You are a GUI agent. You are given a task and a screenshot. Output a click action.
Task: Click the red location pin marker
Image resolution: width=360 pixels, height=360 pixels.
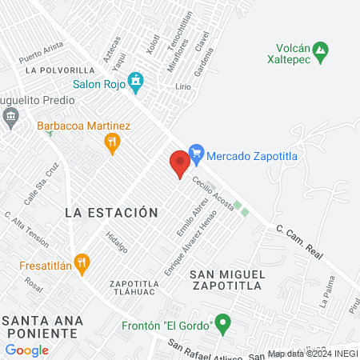coord(180,163)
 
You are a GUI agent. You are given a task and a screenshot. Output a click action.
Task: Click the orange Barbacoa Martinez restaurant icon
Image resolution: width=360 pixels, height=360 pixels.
coord(113,143)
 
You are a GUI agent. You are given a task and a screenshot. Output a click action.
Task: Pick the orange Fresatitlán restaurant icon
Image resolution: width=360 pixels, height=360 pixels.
coord(81,262)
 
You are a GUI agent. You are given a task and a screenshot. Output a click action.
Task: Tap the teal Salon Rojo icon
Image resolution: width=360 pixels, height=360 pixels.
coord(137,80)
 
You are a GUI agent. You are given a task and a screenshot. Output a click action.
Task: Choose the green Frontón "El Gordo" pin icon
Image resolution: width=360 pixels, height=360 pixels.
coord(223,325)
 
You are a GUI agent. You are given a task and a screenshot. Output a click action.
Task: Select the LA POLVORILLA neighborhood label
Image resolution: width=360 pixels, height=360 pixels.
coord(61,70)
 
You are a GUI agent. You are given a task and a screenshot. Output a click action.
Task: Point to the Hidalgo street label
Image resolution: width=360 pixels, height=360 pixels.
coord(117,242)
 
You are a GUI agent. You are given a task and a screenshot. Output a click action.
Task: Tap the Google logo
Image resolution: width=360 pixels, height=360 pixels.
coord(26,350)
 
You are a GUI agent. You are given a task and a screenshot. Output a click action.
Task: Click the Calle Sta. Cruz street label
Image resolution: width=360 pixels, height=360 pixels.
coord(42,186)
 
